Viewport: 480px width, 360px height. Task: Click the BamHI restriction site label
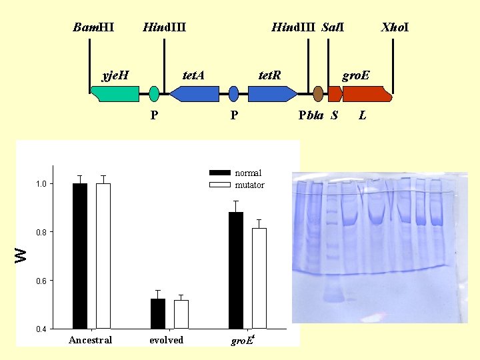pos(93,27)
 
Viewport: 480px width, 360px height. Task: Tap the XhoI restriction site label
pos(395,27)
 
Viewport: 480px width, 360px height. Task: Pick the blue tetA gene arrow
pos(194,94)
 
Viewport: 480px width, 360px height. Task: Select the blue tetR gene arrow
pos(272,94)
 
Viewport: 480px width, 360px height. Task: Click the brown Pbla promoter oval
pos(318,94)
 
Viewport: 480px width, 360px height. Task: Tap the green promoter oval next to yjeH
pos(154,94)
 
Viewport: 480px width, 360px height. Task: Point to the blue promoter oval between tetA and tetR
pos(233,94)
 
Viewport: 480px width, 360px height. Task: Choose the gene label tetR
pos(269,75)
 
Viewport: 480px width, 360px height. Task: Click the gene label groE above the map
pos(356,75)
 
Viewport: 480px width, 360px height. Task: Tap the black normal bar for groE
pos(236,270)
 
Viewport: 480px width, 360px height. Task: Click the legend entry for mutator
pos(249,185)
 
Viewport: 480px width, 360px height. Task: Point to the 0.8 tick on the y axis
pos(41,232)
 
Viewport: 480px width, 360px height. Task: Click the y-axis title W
pos(22,254)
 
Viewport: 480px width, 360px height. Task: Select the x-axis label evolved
pos(166,340)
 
